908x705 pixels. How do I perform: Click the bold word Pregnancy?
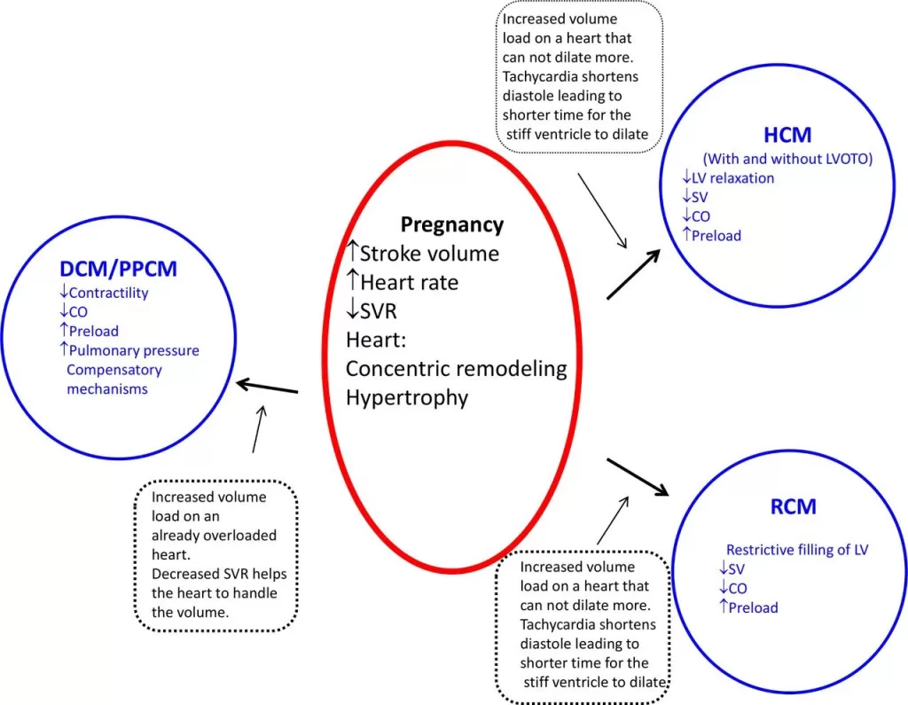click(451, 224)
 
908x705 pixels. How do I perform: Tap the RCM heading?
click(793, 507)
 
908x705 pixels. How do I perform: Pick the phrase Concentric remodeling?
click(456, 368)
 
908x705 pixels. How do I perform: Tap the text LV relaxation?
click(732, 178)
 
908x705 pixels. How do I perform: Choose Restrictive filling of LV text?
click(797, 550)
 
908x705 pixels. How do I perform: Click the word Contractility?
click(108, 293)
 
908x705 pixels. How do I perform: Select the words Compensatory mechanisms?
click(113, 379)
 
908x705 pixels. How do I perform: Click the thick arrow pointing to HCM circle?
click(633, 274)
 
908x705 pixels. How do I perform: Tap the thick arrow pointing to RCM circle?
click(637, 476)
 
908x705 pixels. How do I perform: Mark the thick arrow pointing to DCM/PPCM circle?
click(267, 387)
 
